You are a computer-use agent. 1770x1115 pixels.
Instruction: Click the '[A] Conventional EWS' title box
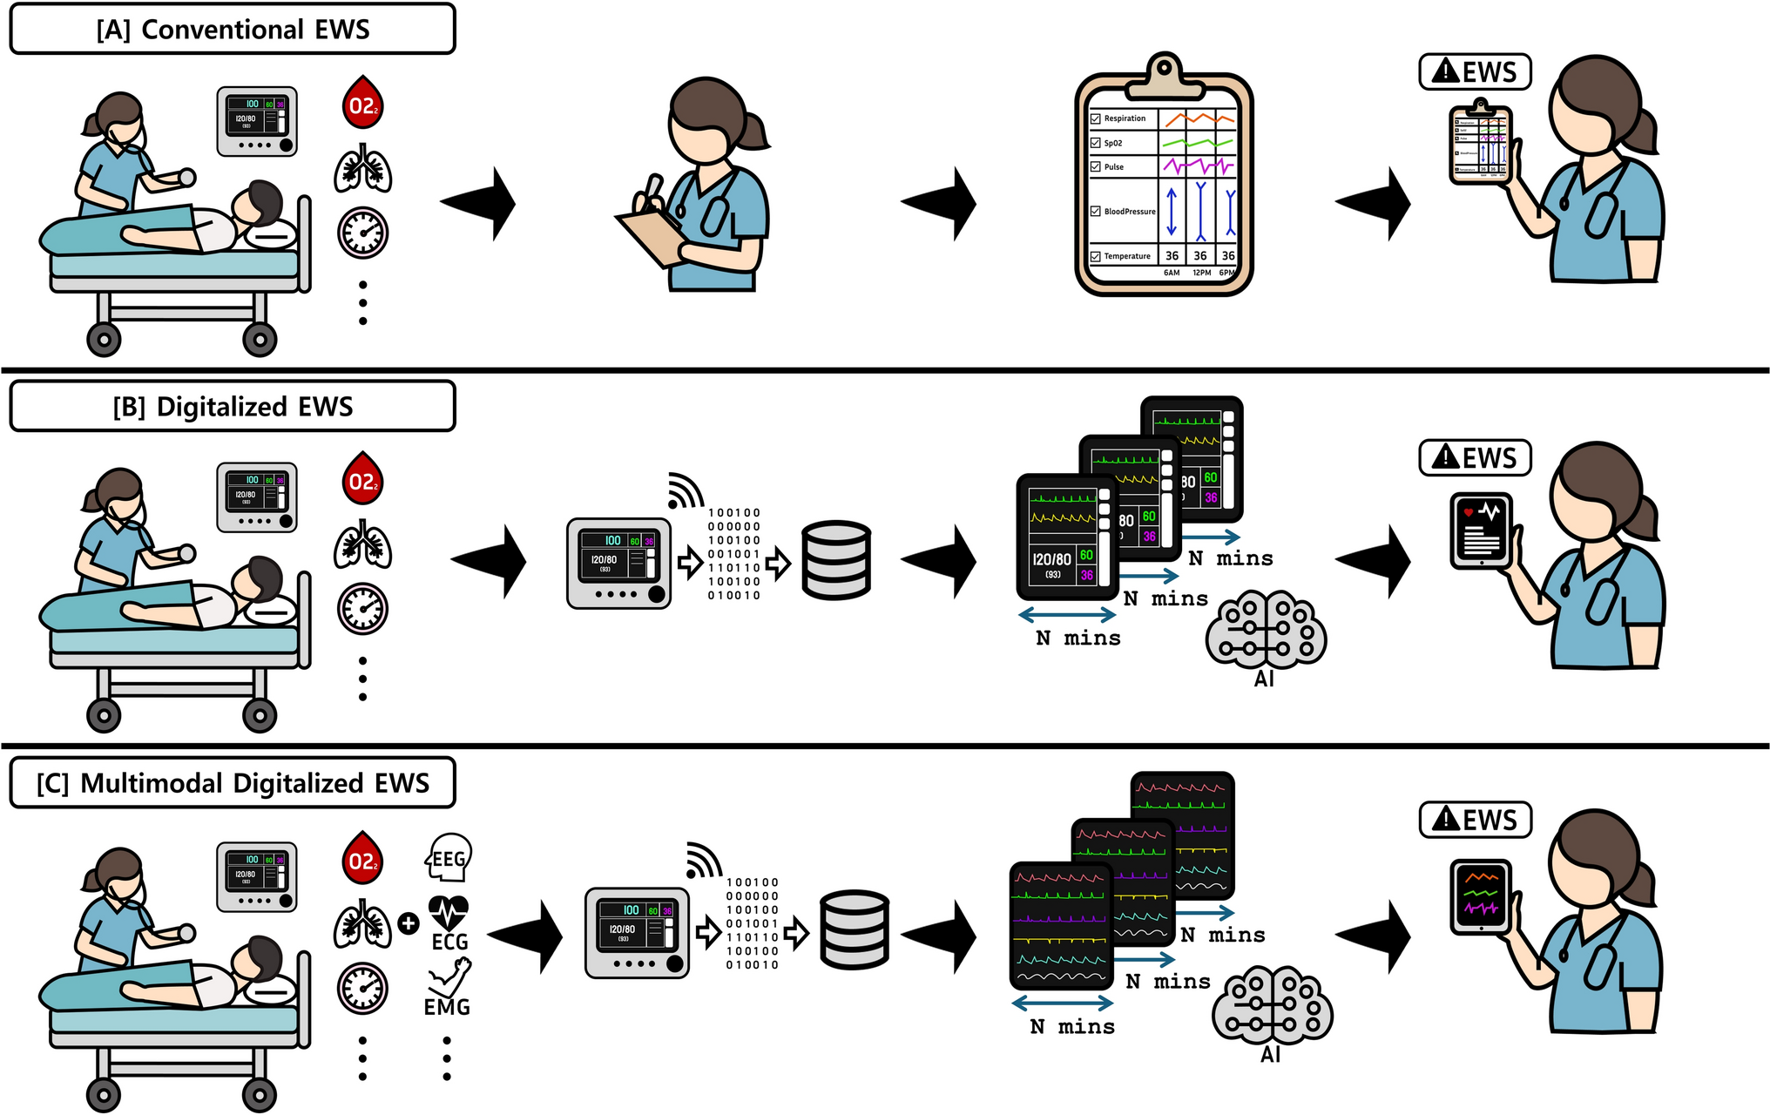coord(233,30)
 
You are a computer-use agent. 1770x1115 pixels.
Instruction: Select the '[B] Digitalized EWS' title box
coord(233,407)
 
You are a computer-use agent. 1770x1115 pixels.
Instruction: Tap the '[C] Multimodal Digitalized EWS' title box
coord(233,783)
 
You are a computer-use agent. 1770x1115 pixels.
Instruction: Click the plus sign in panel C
coord(408,923)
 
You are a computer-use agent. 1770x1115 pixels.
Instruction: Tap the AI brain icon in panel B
coord(1266,631)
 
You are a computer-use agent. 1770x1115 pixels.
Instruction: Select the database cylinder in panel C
coord(854,929)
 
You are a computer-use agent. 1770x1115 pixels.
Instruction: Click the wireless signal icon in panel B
coord(685,491)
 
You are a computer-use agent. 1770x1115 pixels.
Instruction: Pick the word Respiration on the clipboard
coord(1125,118)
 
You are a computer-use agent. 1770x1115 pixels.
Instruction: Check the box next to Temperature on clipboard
coord(1096,256)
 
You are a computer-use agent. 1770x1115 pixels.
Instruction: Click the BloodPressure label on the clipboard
coord(1129,212)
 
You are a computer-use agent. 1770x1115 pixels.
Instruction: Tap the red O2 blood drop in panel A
coord(362,104)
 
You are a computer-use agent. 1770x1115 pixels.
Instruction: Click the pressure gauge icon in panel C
coord(362,988)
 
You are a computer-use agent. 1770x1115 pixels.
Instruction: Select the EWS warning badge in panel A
coord(1475,71)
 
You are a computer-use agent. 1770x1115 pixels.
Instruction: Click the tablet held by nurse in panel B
coord(1481,530)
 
